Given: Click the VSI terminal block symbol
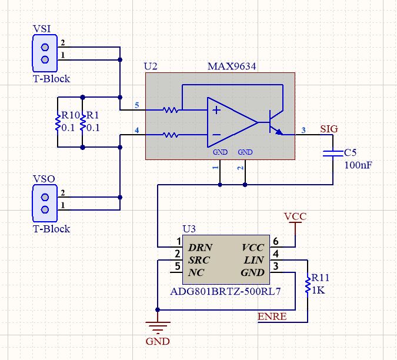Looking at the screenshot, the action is tap(45, 54).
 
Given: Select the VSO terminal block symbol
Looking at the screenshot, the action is tap(45, 204).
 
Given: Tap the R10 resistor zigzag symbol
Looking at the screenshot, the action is tap(58, 122).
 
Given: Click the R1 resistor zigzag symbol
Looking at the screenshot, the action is tap(82, 122).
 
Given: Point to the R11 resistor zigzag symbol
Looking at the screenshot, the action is tap(308, 285).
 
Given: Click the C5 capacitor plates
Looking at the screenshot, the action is tap(333, 153).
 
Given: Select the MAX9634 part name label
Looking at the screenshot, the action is tap(232, 66).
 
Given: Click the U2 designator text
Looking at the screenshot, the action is tap(151, 66).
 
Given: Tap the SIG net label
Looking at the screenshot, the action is tap(329, 129).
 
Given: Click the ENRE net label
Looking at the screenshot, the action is tap(272, 316).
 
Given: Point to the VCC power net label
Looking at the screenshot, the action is tap(295, 216).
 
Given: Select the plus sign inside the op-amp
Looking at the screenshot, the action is tap(216, 110).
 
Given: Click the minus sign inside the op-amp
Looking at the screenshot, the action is tap(216, 135).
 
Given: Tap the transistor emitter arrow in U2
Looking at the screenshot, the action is tap(279, 132).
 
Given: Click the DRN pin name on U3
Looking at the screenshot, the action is tap(200, 248).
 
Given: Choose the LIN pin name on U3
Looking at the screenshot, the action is tap(254, 260).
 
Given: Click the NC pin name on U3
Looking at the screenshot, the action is tap(196, 273).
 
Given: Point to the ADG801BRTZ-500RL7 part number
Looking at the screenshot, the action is tap(226, 292).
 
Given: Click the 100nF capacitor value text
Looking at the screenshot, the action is tap(358, 165).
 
